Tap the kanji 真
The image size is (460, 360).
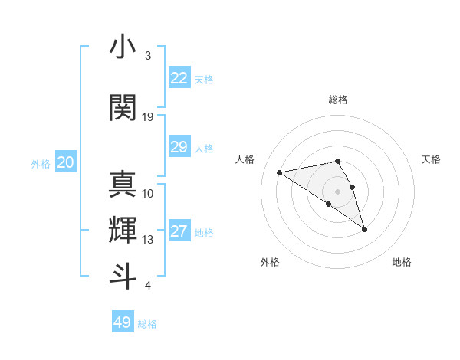point(123,184)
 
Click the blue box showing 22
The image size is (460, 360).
point(179,78)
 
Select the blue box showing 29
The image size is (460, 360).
point(179,147)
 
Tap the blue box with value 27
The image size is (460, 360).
point(179,231)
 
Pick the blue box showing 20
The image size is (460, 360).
point(66,162)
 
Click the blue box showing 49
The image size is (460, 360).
point(123,322)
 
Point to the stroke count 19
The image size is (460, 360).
point(148,117)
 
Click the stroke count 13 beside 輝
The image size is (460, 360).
point(148,240)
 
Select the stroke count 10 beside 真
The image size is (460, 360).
point(148,194)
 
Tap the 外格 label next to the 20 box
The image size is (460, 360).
point(41,163)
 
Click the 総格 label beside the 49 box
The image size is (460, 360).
point(147,324)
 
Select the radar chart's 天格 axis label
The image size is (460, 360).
point(431,159)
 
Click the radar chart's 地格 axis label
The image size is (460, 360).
point(402,263)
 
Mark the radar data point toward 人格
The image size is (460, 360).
point(280,172)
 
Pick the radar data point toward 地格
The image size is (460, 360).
point(364,229)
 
